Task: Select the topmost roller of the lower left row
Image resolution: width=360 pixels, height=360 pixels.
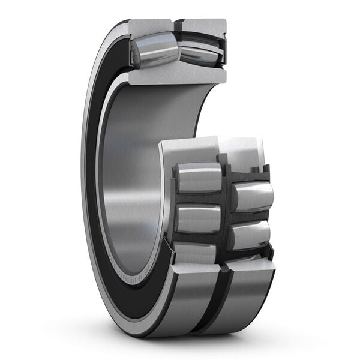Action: tap(198, 178)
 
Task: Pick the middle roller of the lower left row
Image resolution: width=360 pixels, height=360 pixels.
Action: tap(198, 219)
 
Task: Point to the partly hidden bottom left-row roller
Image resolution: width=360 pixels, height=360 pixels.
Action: tap(195, 252)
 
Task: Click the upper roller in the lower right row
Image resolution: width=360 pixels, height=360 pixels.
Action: tap(253, 197)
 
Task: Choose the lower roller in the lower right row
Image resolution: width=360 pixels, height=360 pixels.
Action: tap(250, 235)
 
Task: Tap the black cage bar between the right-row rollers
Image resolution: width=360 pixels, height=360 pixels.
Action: tap(249, 216)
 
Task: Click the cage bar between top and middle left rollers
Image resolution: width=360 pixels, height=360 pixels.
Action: tap(198, 199)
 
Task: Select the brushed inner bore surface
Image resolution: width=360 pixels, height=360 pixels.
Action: tap(129, 168)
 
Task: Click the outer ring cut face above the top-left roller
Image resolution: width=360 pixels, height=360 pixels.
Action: tap(150, 26)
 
